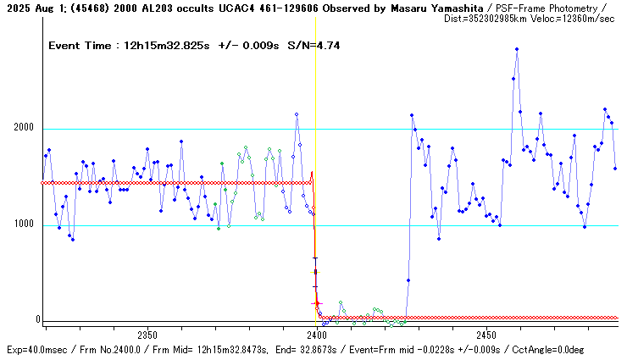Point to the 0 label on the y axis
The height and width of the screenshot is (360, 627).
38,320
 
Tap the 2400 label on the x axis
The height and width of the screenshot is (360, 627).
317,335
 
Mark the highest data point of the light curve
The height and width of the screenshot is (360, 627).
516,49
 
